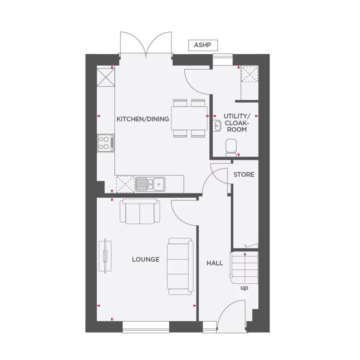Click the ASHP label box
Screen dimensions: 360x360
click(x=202, y=45)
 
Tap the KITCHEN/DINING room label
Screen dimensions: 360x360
click(x=143, y=119)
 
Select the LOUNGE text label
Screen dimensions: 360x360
click(x=146, y=260)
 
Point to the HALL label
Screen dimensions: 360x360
click(x=215, y=263)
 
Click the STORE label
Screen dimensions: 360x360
click(x=244, y=174)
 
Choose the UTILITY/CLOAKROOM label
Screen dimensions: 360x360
click(x=235, y=123)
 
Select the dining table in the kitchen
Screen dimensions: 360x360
click(x=189, y=118)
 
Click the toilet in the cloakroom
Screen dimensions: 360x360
click(x=231, y=147)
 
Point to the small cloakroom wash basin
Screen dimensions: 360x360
click(x=217, y=125)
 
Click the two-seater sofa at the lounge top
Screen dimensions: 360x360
click(x=140, y=212)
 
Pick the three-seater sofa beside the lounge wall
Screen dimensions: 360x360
click(x=180, y=266)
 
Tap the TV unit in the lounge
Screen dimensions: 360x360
click(x=105, y=256)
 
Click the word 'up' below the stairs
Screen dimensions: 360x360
click(x=244, y=288)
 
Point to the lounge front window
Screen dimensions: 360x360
click(x=146, y=327)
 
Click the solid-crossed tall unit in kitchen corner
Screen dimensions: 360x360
click(x=106, y=77)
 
